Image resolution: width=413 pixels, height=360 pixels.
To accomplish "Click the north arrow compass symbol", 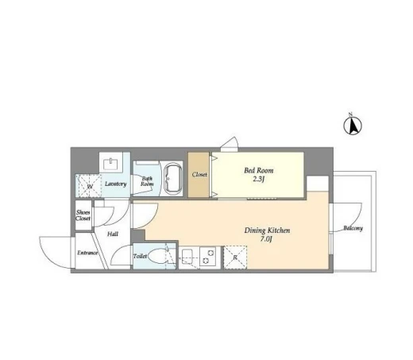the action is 353,125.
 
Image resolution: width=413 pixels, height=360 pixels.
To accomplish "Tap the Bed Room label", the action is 259,170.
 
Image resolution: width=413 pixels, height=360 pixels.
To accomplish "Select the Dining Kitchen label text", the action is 267,230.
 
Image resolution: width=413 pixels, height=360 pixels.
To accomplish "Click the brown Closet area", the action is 199,175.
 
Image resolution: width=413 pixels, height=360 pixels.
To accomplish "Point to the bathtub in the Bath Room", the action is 173,179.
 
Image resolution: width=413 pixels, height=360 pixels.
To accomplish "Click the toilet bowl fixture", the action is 159,257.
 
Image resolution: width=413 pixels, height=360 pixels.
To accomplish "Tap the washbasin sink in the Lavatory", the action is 111,164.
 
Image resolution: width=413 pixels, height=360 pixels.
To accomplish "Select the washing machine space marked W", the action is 88,186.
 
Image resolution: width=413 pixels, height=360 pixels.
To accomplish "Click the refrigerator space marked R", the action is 235,257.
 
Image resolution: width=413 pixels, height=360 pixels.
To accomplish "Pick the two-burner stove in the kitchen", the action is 210,257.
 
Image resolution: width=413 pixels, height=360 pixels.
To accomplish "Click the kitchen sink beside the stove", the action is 188,256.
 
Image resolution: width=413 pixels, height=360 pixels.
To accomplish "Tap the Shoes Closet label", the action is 83,215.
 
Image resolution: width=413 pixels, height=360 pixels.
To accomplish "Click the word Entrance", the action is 87,253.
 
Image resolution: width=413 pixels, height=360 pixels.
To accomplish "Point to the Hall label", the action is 113,234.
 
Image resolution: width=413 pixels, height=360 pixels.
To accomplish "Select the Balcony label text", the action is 353,228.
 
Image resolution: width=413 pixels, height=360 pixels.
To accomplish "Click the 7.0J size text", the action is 266,239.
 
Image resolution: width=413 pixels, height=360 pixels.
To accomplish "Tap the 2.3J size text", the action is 259,180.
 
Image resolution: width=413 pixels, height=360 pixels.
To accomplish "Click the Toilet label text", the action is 140,256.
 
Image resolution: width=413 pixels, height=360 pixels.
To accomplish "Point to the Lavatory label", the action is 115,184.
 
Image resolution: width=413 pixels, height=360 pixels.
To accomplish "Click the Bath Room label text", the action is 147,181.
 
